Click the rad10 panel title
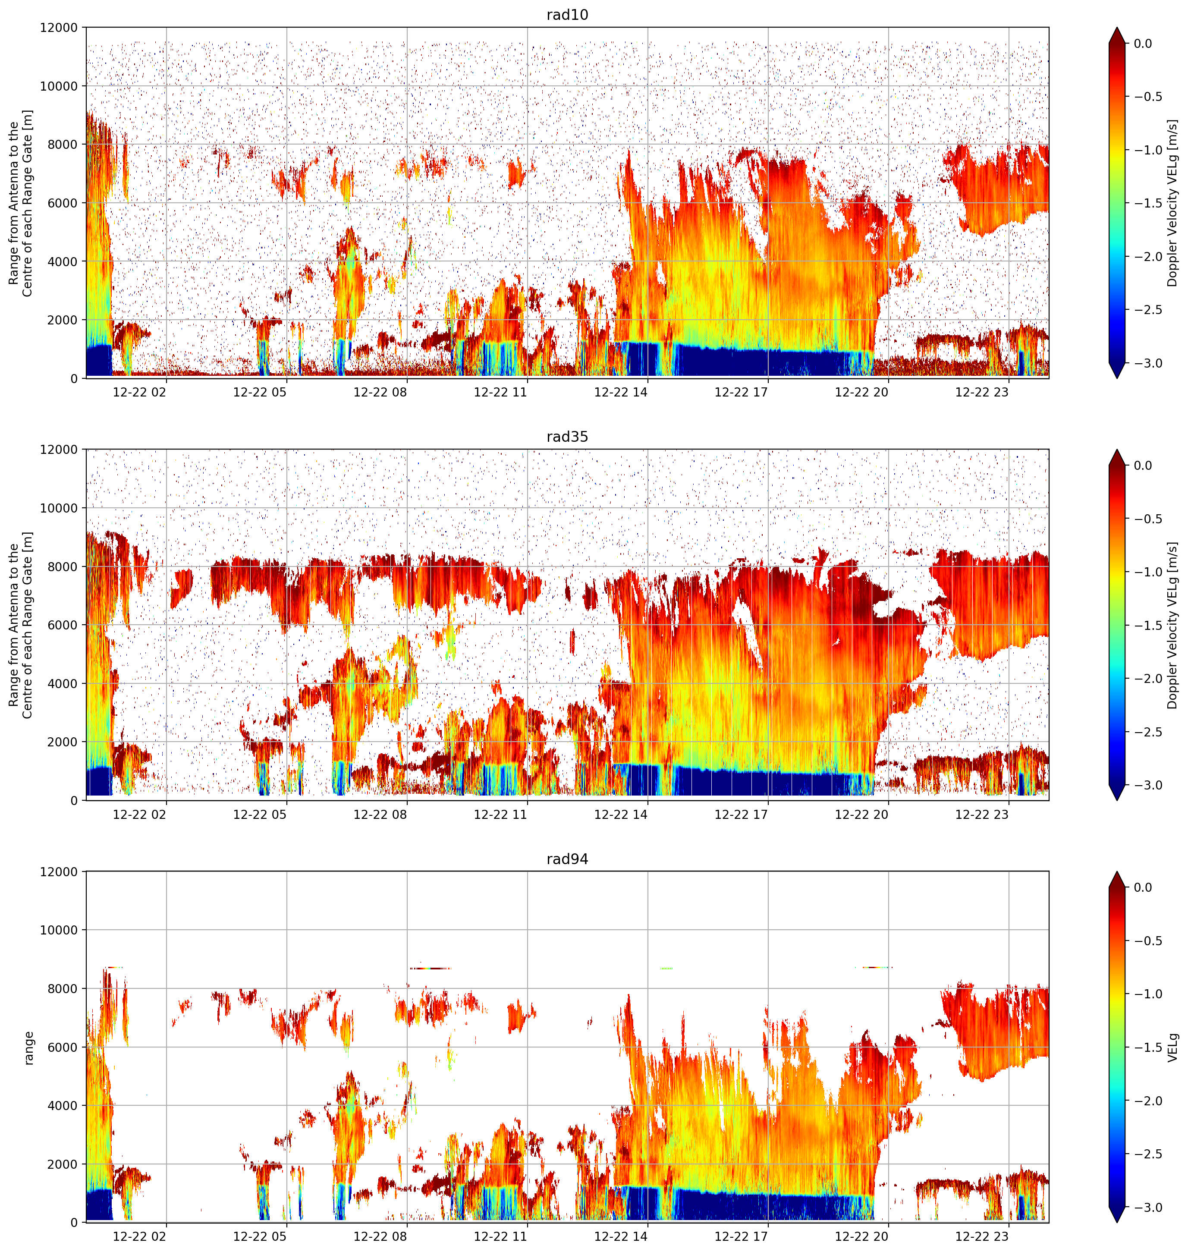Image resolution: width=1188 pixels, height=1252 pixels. pyautogui.click(x=567, y=15)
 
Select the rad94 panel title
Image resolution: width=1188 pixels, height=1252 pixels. pyautogui.click(x=567, y=859)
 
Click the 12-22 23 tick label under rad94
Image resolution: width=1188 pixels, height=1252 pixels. pyautogui.click(x=981, y=1236)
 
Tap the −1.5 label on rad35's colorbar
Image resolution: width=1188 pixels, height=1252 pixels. pyautogui.click(x=1147, y=625)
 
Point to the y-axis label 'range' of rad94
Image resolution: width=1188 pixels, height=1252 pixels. pyautogui.click(x=28, y=1048)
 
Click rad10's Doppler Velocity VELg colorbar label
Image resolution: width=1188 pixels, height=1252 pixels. pyautogui.click(x=1173, y=203)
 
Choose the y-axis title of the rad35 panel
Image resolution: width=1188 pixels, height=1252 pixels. pyautogui.click(x=20, y=625)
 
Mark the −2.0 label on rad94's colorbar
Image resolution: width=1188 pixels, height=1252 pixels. pyautogui.click(x=1147, y=1101)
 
